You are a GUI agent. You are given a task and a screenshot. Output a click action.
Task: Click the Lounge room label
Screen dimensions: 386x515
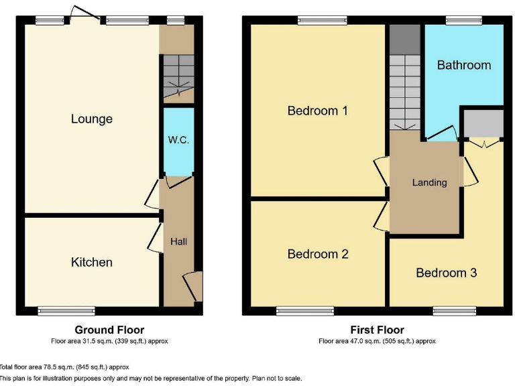pos(92,119)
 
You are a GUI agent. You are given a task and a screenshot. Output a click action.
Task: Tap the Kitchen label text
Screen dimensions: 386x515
pos(92,262)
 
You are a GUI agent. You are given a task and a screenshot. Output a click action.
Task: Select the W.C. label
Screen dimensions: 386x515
pos(178,141)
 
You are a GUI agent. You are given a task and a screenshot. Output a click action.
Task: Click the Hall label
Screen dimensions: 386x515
pos(178,241)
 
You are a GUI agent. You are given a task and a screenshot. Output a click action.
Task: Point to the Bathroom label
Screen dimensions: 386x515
pos(464,65)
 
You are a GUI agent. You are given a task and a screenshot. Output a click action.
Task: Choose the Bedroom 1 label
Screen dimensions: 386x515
pos(317,111)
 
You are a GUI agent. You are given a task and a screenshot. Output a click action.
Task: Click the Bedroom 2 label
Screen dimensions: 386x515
pos(317,254)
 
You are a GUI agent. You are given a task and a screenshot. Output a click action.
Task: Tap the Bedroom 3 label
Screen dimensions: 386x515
pos(446,273)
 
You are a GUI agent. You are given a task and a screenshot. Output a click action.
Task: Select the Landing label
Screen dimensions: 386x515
pos(429,182)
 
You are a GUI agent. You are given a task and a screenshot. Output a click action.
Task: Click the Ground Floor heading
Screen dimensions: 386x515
pos(109,330)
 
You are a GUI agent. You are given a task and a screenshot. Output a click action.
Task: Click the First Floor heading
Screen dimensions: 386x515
pos(377,330)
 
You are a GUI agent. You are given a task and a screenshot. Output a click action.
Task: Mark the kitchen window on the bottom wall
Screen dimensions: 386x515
pos(66,310)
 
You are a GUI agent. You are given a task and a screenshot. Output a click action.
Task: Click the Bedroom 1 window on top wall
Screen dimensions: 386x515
pos(323,21)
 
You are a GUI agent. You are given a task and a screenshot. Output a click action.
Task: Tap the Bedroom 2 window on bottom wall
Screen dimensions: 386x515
pos(305,310)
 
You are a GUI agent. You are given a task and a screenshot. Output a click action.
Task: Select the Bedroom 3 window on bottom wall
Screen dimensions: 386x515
pos(455,310)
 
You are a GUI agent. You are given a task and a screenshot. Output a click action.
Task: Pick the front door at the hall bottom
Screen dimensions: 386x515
pos(194,286)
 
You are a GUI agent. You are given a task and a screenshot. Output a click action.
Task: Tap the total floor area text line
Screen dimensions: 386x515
pos(64,367)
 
